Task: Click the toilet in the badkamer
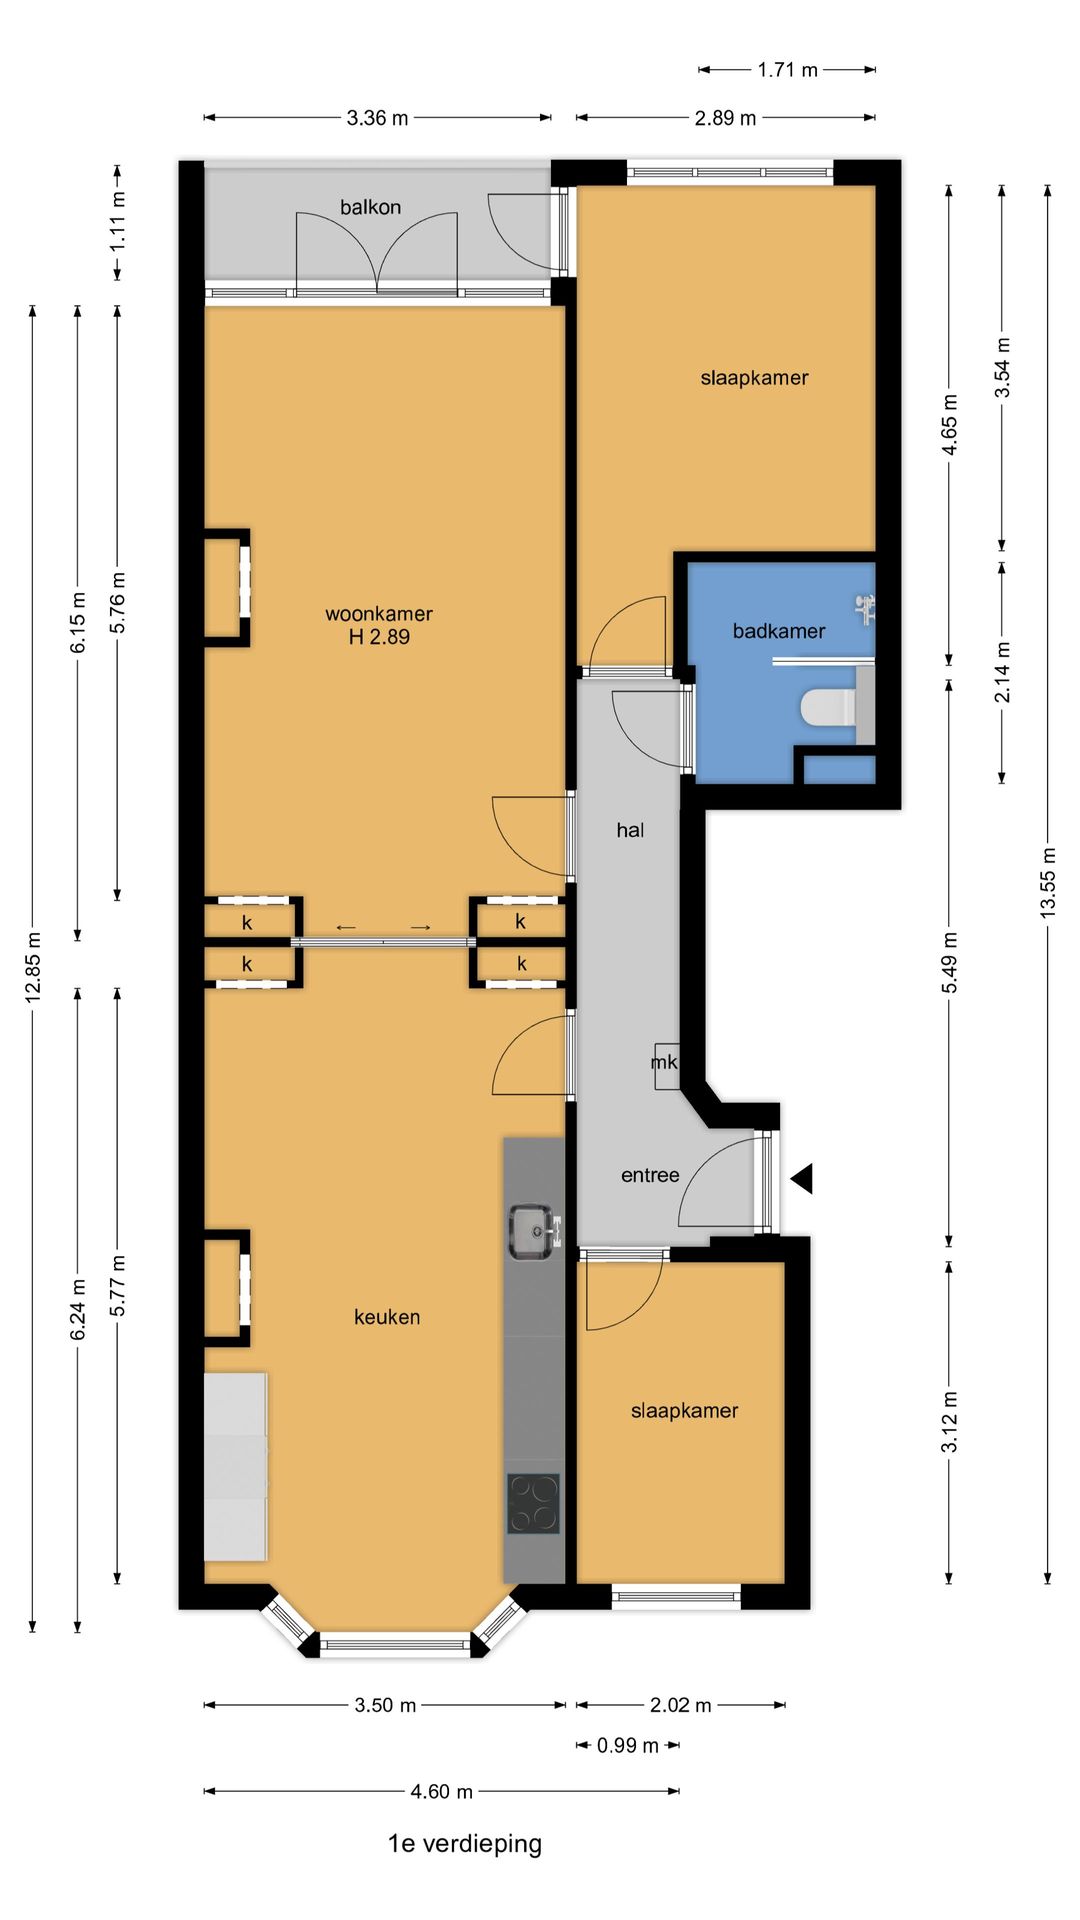tap(827, 708)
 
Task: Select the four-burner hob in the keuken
tap(532, 1504)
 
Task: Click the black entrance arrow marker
tap(802, 1178)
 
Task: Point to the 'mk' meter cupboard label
tap(664, 1062)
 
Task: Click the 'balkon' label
tap(370, 207)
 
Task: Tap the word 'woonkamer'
tap(379, 614)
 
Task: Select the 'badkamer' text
tap(779, 631)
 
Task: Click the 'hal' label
tap(630, 830)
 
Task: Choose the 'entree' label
tap(650, 1175)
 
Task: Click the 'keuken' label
tap(387, 1317)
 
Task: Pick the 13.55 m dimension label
tap(1047, 882)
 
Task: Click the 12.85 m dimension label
tap(33, 967)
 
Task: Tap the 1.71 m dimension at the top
tap(787, 70)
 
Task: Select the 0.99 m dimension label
tap(628, 1745)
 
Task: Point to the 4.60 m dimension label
tap(441, 1791)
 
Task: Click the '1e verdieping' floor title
tap(465, 1843)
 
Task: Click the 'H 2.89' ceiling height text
tap(379, 637)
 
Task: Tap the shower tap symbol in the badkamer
tap(866, 605)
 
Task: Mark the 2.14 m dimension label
tap(1002, 672)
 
